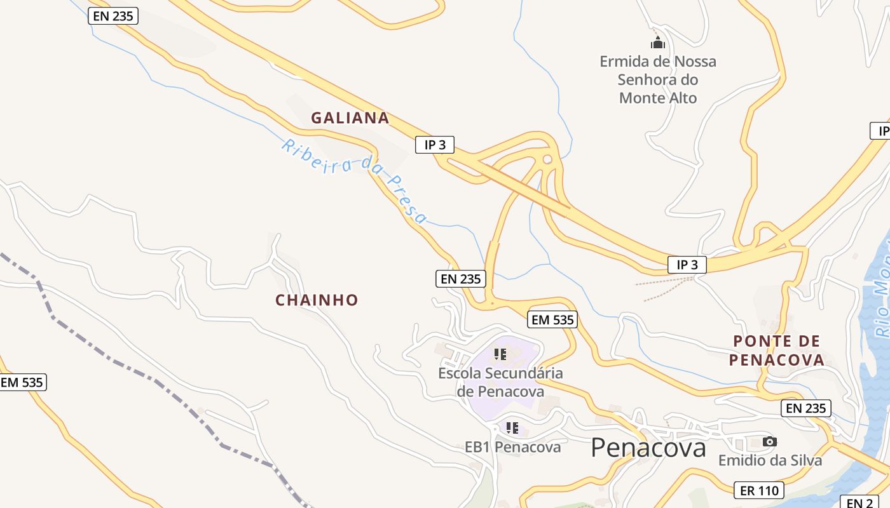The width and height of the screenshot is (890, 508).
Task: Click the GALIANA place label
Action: (350, 117)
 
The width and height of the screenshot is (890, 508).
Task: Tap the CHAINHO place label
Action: (317, 300)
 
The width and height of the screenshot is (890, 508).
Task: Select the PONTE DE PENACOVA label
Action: (776, 351)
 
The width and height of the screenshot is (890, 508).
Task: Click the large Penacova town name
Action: (648, 448)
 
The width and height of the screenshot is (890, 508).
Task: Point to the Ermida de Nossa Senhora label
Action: (658, 79)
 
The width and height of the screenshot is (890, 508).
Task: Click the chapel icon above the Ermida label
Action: (657, 43)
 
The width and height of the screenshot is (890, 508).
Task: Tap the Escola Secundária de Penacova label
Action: (500, 382)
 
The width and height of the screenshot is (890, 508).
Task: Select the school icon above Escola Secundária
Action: (500, 354)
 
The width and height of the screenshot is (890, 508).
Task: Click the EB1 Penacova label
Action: (512, 447)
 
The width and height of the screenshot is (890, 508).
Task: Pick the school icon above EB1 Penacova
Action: (512, 427)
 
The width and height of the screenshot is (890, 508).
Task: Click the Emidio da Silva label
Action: (770, 460)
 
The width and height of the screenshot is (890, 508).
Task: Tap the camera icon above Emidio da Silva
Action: (769, 441)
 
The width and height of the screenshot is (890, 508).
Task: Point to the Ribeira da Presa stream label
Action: (354, 180)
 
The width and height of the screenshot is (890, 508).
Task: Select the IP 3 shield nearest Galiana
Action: (435, 145)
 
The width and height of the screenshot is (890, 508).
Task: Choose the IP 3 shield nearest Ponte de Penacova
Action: (687, 265)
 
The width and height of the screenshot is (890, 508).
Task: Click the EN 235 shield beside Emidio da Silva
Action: (806, 408)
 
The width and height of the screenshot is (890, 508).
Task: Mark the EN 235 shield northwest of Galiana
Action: (113, 16)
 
